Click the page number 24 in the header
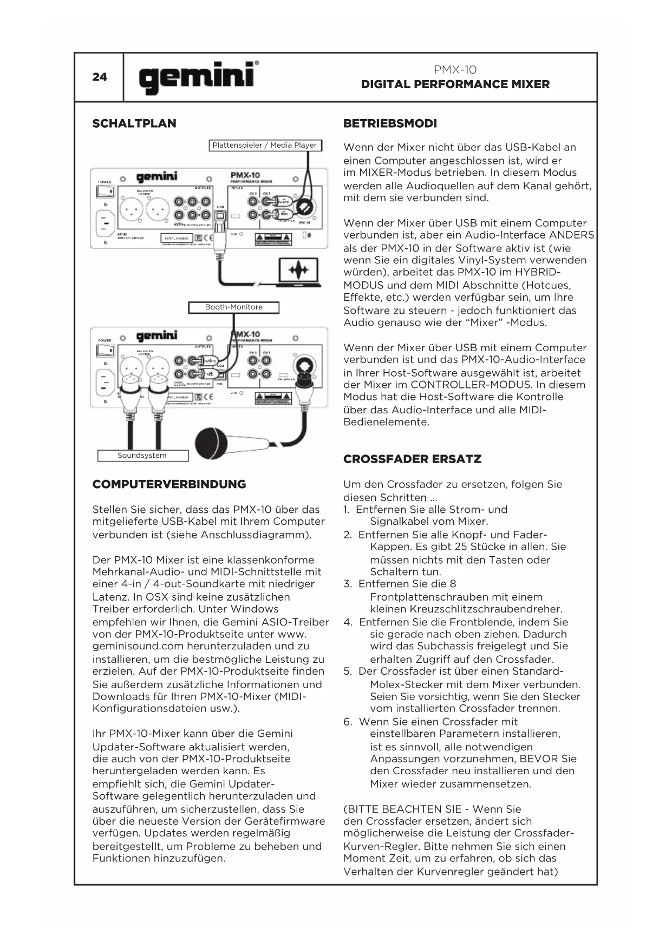(x=100, y=77)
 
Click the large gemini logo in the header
(x=197, y=77)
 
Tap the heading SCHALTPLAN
(x=134, y=123)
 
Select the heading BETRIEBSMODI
(x=390, y=123)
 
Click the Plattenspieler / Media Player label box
(x=265, y=145)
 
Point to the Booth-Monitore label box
(x=233, y=307)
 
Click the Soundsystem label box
(x=142, y=456)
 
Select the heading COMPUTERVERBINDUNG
(x=169, y=484)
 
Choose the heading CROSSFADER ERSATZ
(x=412, y=459)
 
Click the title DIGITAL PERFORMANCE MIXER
(x=455, y=84)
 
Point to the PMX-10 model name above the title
(x=455, y=70)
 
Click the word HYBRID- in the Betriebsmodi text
(x=533, y=272)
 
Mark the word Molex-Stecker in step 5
(x=404, y=684)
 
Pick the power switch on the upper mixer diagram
(x=105, y=191)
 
